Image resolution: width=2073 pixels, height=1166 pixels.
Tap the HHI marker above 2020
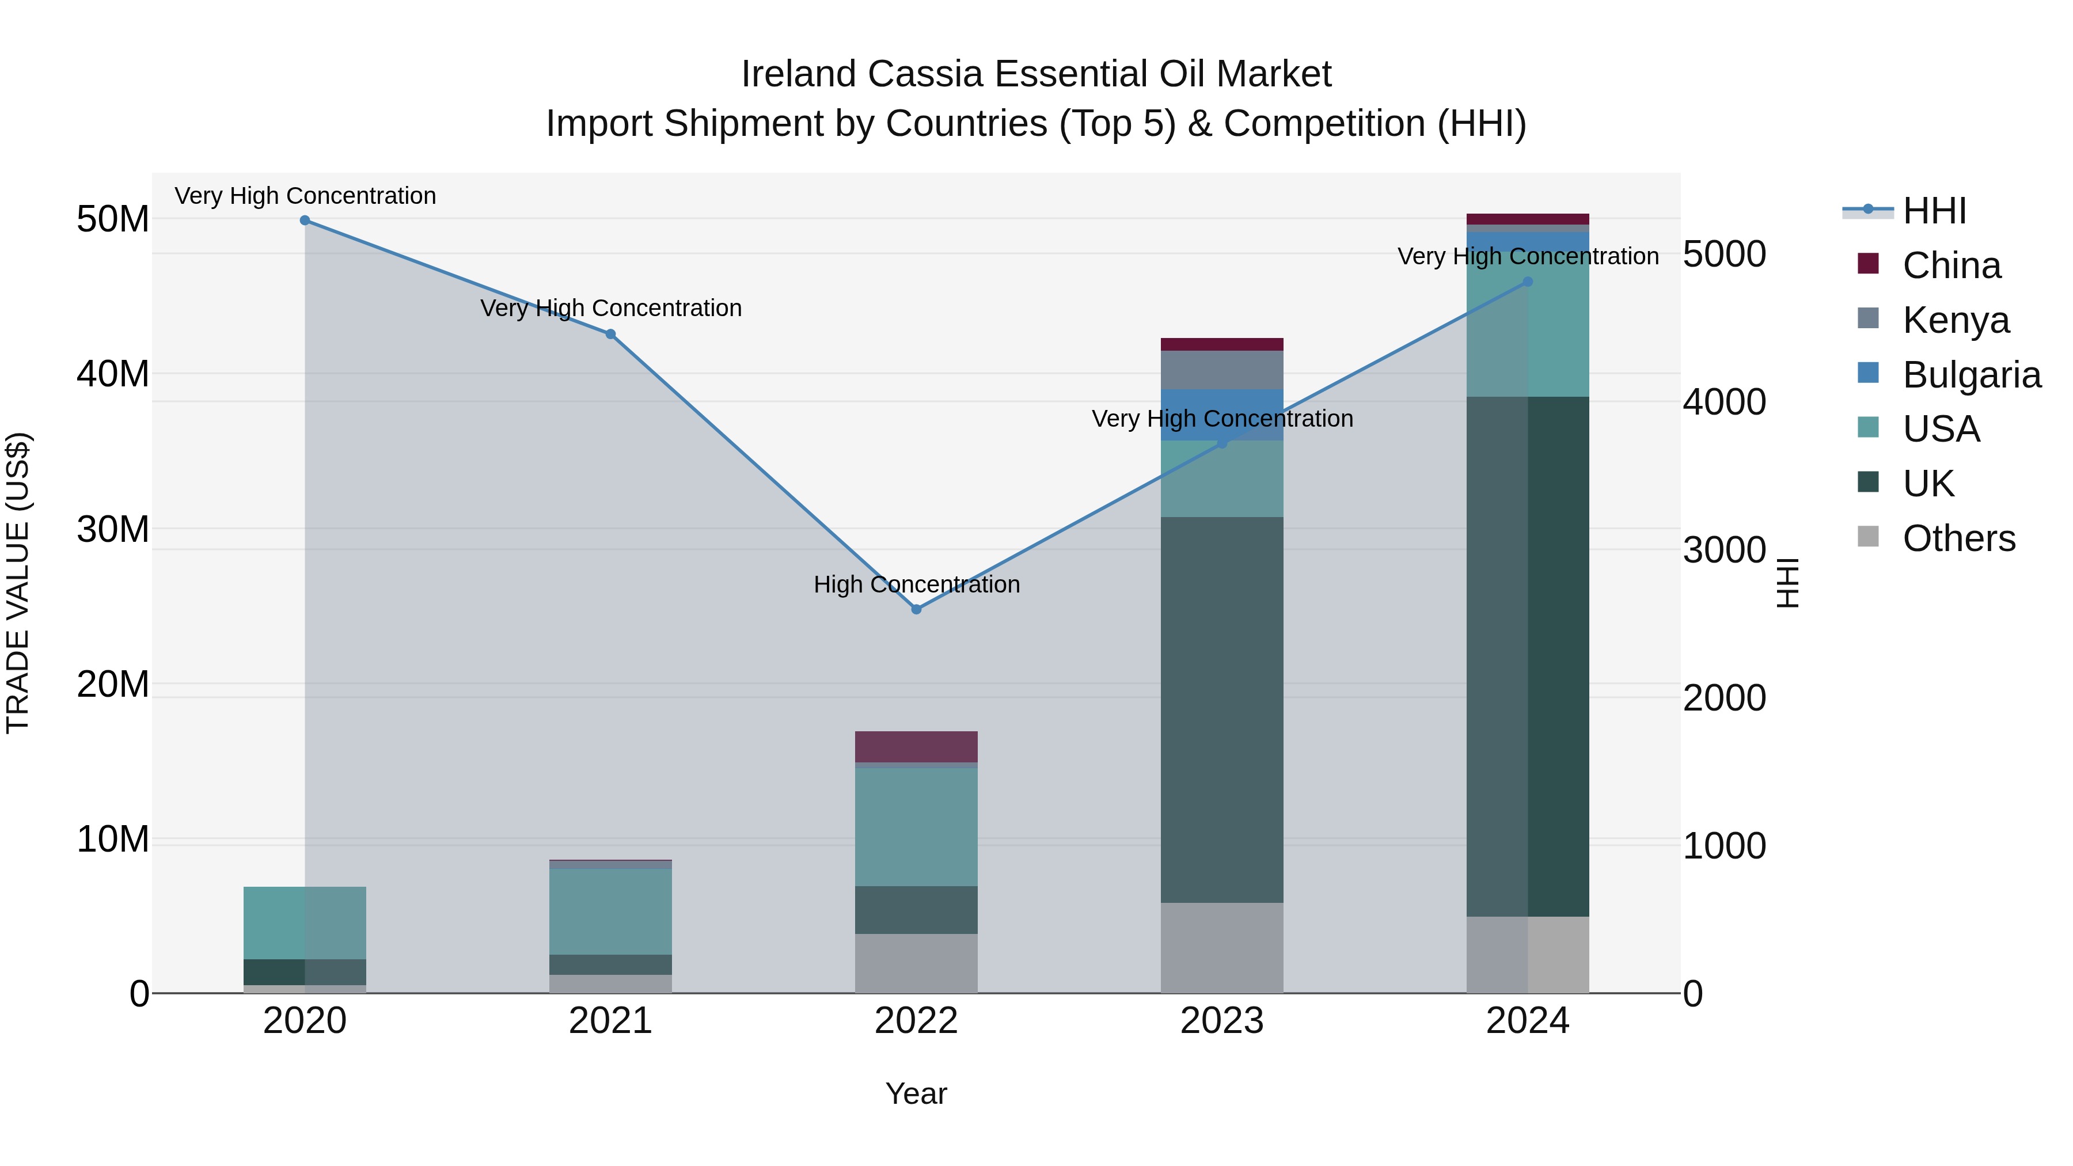[305, 221]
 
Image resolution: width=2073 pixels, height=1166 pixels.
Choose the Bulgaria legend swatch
[1868, 373]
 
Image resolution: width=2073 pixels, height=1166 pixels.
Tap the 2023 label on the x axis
[1221, 1021]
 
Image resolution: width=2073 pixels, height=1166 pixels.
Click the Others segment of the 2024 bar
[1527, 954]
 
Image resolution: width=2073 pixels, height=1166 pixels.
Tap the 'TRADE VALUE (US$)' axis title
[18, 583]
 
